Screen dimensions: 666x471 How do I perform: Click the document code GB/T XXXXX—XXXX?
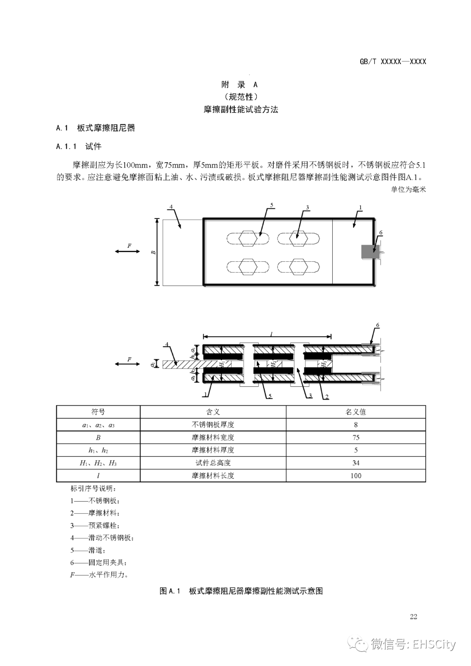[392, 61]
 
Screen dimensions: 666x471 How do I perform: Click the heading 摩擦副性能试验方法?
[241, 109]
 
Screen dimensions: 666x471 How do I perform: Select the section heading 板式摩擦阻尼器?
[106, 128]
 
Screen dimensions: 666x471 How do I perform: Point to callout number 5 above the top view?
[271, 205]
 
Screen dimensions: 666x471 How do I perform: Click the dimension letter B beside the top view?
[153, 252]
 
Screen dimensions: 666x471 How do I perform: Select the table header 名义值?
[355, 412]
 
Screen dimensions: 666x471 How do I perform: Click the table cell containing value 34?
[355, 463]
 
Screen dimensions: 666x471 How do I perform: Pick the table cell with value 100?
[355, 475]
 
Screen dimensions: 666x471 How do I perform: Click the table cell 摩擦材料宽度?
[213, 437]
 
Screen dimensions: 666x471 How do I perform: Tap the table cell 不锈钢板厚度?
[213, 424]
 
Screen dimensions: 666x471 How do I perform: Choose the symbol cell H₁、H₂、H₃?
[98, 463]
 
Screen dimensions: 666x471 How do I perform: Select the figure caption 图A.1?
[241, 591]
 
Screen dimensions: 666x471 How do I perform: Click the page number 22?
[413, 616]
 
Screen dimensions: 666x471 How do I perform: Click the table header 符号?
[98, 412]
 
